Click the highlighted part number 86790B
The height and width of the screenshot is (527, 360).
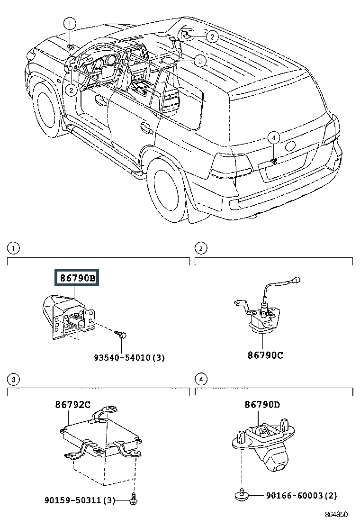click(x=77, y=278)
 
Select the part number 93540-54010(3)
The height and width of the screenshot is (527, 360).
click(x=129, y=358)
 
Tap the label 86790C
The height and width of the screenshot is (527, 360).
click(x=265, y=354)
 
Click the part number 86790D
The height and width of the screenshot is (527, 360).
click(x=262, y=405)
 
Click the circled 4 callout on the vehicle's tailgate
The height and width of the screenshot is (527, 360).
click(x=273, y=138)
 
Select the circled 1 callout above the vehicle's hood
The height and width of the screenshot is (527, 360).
click(x=70, y=23)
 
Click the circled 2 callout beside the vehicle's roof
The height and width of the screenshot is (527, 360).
click(x=212, y=36)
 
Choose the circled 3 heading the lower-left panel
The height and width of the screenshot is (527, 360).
click(x=14, y=380)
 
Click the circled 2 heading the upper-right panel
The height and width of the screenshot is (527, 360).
click(x=201, y=248)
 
